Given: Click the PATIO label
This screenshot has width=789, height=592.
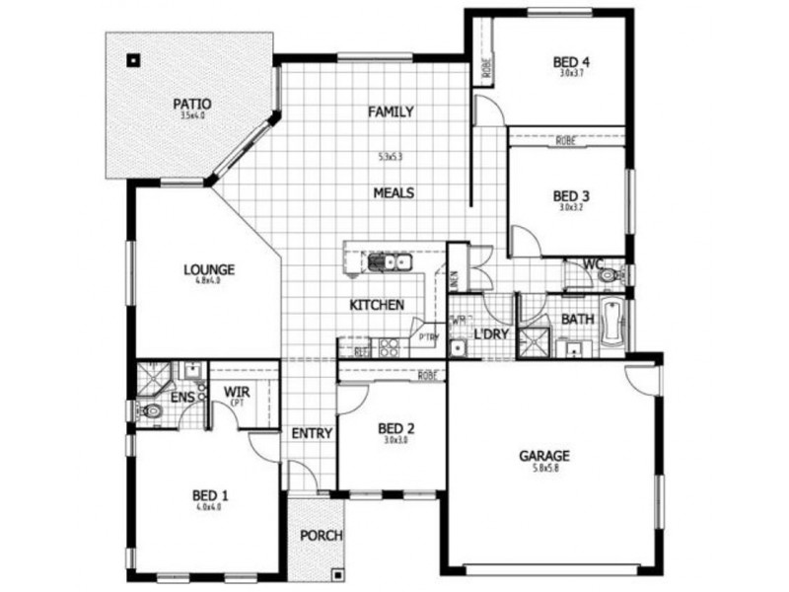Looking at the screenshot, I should coord(192,103).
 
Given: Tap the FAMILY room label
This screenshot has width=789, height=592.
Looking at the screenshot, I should coord(392,112).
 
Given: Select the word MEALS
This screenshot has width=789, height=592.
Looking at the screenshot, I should coord(394,192).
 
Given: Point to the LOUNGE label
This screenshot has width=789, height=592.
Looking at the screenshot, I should coord(208,268).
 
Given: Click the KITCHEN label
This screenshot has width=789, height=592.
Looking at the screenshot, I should coord(377,306).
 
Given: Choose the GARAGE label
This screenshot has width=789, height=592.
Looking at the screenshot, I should coord(544,456).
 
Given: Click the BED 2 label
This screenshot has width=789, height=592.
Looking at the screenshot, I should coord(396,428).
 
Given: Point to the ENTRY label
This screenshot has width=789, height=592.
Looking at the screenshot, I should coord(312,433).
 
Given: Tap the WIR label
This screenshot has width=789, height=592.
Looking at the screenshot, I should coord(238,393).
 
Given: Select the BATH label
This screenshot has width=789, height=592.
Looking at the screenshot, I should coord(577,320).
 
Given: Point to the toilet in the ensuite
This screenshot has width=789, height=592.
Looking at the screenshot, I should coord(149,410).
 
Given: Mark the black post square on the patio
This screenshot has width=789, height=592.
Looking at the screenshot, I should coord(131,59).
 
